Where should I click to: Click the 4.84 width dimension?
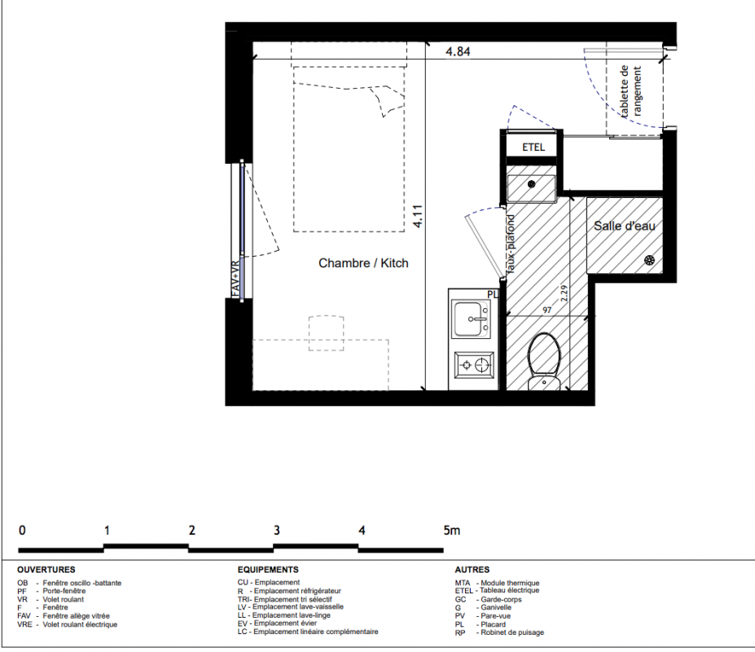tap(458, 51)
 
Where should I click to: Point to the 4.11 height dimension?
tap(418, 216)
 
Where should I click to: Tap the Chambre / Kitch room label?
tap(363, 263)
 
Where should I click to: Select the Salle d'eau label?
tap(625, 226)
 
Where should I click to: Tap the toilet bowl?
tap(544, 359)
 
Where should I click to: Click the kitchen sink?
tap(472, 319)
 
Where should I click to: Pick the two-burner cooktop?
tap(474, 365)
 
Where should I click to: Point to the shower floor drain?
tap(650, 260)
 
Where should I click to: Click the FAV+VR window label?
tap(235, 279)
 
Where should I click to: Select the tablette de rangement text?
tap(630, 91)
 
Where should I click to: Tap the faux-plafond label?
tap(511, 244)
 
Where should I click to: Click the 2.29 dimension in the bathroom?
tap(564, 293)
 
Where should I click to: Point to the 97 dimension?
tap(547, 310)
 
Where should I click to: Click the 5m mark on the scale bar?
tap(452, 531)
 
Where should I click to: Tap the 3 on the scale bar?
tap(277, 531)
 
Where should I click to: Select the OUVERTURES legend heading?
tap(46, 570)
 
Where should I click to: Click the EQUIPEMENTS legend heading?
tap(268, 570)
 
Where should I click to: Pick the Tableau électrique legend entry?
tap(497, 590)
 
